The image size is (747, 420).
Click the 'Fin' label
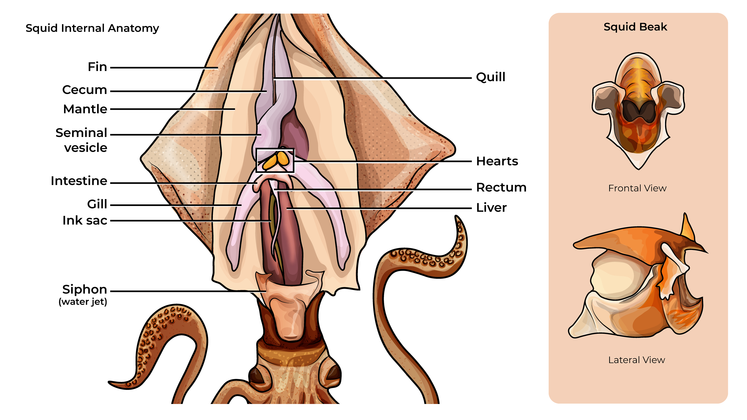97,67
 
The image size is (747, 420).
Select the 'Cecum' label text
85,90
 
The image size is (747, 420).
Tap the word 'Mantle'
85,109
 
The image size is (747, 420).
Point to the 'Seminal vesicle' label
82,140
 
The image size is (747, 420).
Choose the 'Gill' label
97,204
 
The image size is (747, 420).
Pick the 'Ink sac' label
85,221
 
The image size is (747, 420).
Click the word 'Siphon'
85,289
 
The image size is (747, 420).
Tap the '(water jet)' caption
83,302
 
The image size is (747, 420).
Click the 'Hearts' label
497,161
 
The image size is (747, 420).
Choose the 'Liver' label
491,208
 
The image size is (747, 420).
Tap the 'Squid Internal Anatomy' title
92,28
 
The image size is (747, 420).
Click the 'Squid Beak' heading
635,27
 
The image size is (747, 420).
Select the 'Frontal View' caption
637,188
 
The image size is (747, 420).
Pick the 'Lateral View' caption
637,360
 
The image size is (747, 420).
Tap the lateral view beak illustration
638,284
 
